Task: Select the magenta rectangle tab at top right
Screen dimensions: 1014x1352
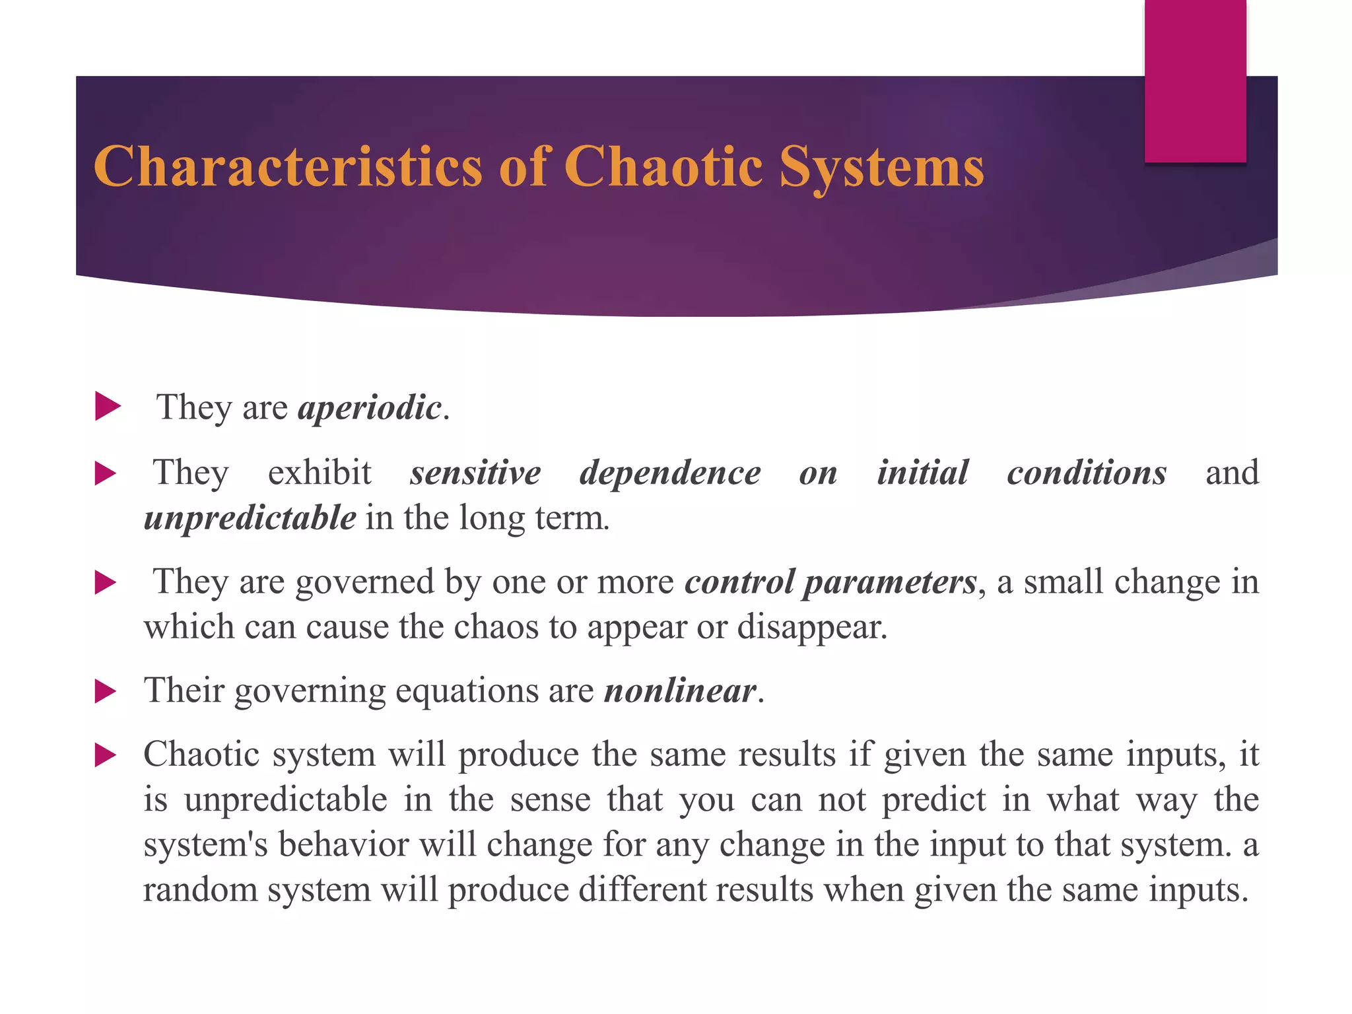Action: (x=1195, y=81)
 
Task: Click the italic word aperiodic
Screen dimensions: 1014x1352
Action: (x=370, y=407)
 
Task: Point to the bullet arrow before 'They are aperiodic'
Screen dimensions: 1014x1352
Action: (x=108, y=406)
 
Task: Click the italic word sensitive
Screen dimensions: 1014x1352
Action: (x=475, y=473)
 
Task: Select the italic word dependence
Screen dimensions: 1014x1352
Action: (x=670, y=473)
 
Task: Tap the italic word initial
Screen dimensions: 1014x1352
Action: (x=922, y=473)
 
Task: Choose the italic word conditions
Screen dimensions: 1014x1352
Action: (x=1087, y=473)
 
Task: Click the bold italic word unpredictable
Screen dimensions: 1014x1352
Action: (x=250, y=518)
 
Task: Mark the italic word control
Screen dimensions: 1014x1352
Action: (x=739, y=582)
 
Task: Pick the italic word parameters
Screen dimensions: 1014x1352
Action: (x=889, y=583)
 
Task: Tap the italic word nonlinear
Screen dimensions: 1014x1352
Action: (x=680, y=691)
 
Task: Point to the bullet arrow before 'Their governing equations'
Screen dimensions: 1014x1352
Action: (x=106, y=692)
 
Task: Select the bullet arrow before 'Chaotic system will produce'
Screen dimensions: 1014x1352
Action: (x=106, y=755)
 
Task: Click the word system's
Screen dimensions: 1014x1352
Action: (x=205, y=844)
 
